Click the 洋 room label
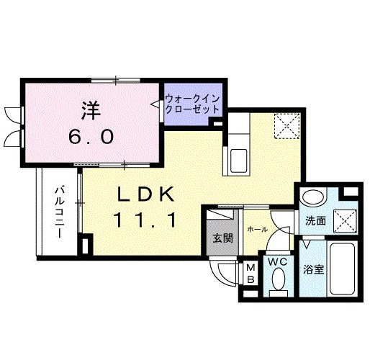click(91, 112)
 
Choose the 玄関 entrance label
click(222, 238)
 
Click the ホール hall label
click(256, 230)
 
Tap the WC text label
click(279, 262)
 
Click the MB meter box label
click(251, 273)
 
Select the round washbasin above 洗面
click(313, 197)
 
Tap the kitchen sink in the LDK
click(239, 158)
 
